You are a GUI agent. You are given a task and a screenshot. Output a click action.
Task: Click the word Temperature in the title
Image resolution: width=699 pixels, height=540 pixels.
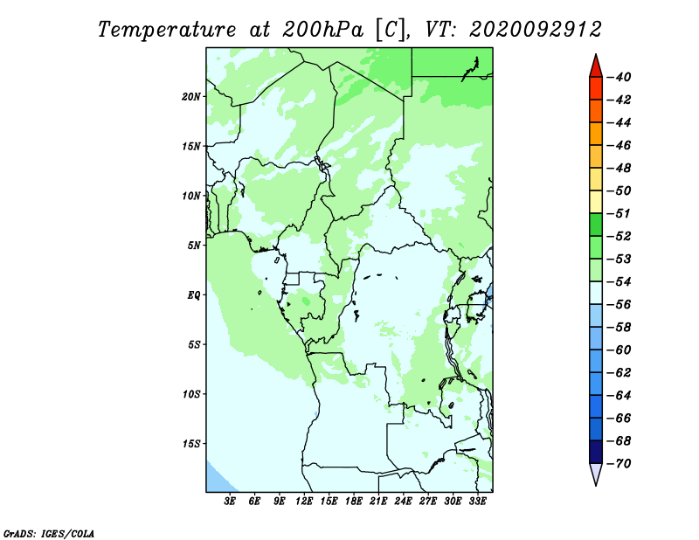point(167,30)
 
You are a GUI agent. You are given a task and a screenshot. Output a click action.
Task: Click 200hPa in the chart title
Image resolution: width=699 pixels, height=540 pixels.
point(322,30)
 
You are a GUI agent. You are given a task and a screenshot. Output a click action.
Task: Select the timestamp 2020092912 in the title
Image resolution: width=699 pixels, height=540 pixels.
point(536,30)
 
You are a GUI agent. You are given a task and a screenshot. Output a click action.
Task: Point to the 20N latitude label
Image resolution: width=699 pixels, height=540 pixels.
point(191,97)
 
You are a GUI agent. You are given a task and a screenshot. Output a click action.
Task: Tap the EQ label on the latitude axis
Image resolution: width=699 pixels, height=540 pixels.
point(194,295)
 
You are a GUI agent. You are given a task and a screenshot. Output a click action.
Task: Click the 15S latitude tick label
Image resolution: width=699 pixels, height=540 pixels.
point(191,444)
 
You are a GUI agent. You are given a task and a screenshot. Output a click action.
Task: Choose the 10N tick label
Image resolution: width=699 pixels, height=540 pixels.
point(191,196)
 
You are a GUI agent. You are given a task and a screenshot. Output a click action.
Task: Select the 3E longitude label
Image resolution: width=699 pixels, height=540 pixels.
point(230,501)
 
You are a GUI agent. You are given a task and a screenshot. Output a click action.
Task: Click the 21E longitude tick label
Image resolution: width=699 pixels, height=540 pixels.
point(378,501)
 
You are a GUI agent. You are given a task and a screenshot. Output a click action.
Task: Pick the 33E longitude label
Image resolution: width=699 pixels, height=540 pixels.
point(477,501)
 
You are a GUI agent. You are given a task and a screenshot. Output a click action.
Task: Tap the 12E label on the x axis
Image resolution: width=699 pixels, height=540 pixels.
point(303,501)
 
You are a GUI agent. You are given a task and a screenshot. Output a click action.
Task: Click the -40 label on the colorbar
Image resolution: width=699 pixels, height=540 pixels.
point(619,77)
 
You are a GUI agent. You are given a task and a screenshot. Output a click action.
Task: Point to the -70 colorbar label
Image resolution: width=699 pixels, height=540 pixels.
point(619,464)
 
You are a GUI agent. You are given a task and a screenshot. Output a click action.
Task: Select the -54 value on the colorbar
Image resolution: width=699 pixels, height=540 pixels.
point(619,282)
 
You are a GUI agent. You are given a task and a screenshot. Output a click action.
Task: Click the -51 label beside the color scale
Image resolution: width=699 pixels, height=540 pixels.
point(619,213)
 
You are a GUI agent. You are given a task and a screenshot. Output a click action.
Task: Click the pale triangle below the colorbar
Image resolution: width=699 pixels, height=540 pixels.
point(596,474)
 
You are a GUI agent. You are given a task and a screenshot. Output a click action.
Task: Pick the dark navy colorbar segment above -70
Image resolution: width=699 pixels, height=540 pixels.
point(596,452)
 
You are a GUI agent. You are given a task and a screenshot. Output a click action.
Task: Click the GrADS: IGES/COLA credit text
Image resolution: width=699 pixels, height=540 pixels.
point(49,533)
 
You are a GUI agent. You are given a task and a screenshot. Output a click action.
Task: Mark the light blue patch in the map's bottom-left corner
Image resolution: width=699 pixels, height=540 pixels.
point(217,481)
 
